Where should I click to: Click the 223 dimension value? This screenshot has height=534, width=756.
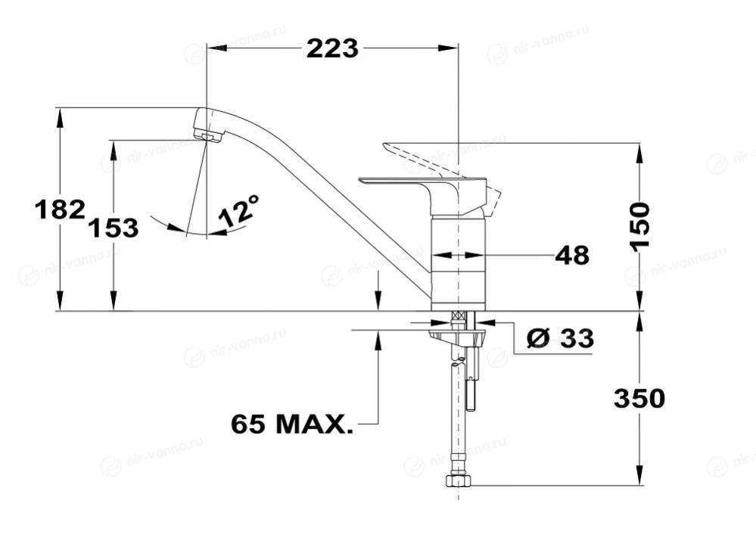[333, 48]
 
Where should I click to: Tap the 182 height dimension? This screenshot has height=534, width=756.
[61, 210]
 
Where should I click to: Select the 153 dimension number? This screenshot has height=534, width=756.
[114, 228]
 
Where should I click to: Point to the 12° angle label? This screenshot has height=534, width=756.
[238, 210]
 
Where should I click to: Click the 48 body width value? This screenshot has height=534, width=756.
[572, 256]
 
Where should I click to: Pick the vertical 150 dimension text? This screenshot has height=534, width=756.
[640, 226]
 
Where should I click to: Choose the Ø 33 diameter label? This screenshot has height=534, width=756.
[559, 338]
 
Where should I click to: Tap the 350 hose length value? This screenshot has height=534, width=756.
[639, 399]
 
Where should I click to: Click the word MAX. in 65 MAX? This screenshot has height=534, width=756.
[314, 424]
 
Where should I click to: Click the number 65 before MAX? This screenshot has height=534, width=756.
[248, 424]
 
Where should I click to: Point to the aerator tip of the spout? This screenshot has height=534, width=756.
[210, 136]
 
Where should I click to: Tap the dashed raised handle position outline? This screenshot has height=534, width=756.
[441, 176]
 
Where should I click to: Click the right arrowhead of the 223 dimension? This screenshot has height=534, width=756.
[448, 48]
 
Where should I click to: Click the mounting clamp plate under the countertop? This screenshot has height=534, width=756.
[456, 336]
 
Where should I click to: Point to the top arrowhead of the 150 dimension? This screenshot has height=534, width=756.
[640, 153]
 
